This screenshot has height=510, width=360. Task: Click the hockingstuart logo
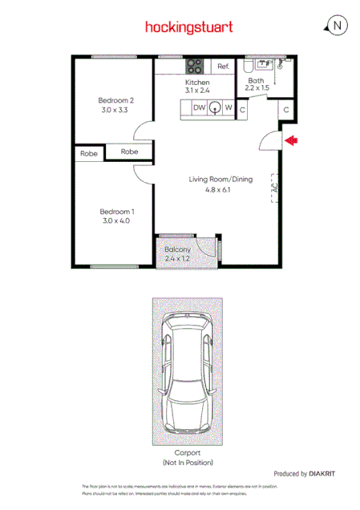point(189,26)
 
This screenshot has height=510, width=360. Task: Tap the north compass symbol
point(337,26)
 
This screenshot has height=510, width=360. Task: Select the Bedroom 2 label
point(115,100)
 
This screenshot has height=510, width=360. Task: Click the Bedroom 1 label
point(115,211)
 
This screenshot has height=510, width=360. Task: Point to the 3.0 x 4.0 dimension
point(115,221)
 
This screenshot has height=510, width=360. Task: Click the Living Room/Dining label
point(220,180)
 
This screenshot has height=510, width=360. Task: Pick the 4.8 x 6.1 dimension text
point(220,190)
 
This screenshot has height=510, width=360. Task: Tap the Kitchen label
point(197,83)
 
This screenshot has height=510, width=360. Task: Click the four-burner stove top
point(195,66)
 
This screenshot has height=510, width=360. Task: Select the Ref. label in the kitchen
point(223,67)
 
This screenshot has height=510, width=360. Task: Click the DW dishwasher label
point(199,107)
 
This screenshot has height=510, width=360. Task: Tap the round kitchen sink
point(215,108)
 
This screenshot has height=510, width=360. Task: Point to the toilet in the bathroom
point(261,67)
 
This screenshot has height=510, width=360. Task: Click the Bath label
point(256,81)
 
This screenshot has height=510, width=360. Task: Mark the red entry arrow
point(292,141)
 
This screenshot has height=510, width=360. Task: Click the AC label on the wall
point(274,191)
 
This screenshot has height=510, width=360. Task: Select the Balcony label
point(177,249)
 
